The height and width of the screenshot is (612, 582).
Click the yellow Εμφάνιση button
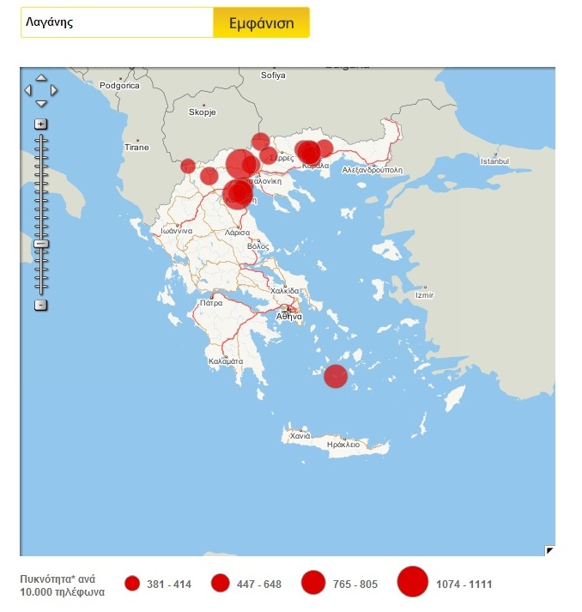[x=261, y=23]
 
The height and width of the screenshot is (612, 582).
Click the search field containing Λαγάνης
[x=117, y=23]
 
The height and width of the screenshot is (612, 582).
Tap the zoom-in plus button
[x=40, y=124]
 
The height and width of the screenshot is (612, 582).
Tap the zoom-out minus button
[x=40, y=306]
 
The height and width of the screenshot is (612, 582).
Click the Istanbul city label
[x=494, y=161]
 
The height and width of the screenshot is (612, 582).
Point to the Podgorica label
[x=119, y=85]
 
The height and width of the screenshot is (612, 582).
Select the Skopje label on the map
[x=203, y=112]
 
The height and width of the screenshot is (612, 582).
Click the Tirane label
[x=136, y=148]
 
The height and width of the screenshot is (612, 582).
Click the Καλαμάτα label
[x=226, y=362]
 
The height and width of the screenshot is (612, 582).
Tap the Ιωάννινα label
[x=181, y=231]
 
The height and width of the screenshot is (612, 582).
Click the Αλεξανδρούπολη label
[x=372, y=170]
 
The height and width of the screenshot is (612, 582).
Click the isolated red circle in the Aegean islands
[x=336, y=376]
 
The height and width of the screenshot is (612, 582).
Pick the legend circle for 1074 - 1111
[x=413, y=584]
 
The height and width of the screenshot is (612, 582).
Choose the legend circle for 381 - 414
[x=132, y=584]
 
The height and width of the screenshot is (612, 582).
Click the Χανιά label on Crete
[x=300, y=436]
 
